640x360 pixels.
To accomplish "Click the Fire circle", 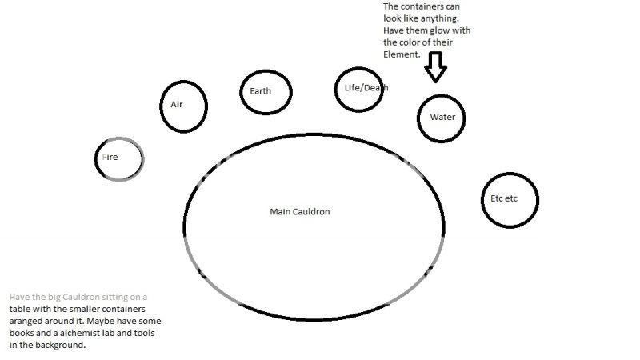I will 119,158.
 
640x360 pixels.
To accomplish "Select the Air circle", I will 184,106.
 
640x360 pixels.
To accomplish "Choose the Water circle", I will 442,118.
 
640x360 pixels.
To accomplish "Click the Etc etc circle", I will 510,199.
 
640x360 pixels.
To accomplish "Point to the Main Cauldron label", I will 300,212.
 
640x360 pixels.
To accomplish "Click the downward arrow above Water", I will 435,69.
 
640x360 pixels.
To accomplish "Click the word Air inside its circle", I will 177,105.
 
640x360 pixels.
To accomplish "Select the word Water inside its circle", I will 442,118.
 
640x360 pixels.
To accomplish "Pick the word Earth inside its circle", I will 260,91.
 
